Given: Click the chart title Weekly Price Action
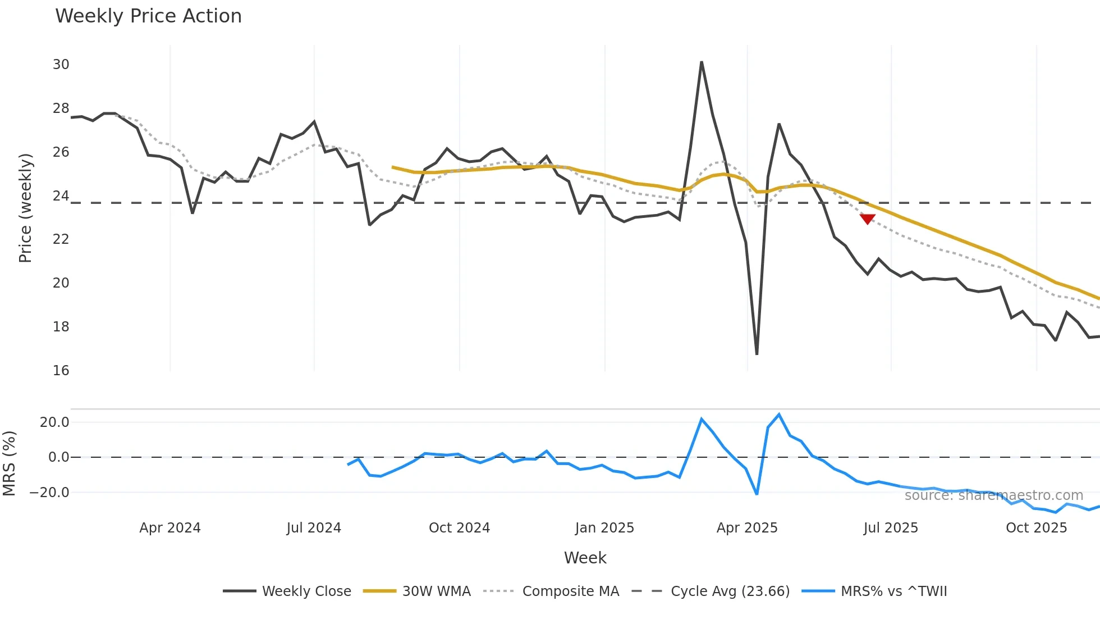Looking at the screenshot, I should coord(148,16).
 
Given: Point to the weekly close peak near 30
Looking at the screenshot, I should coord(702,62).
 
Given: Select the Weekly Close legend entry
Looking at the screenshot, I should coord(287,591).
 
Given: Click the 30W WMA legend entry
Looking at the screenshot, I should coord(418,591).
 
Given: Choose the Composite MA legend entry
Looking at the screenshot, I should coord(552,591).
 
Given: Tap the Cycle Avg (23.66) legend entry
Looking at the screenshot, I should coord(711,591).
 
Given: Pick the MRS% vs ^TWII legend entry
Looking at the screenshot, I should coord(875,591).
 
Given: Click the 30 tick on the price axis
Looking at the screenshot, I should coord(61,65).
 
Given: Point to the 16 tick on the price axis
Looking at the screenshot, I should coord(61,371).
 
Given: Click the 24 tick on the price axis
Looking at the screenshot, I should coord(61,196).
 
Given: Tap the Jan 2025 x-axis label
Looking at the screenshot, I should coord(604,528).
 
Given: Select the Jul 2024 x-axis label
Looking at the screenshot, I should coord(314,528).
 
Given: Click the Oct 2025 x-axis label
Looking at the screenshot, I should coord(1036,528).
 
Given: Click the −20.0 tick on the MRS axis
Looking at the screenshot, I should coord(49,493).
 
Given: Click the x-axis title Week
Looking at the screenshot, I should coord(585,558).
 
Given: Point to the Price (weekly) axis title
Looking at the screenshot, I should coord(25,208).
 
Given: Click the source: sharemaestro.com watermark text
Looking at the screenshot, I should coord(993,495).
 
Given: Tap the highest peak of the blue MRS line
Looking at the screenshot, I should coord(779,415).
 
